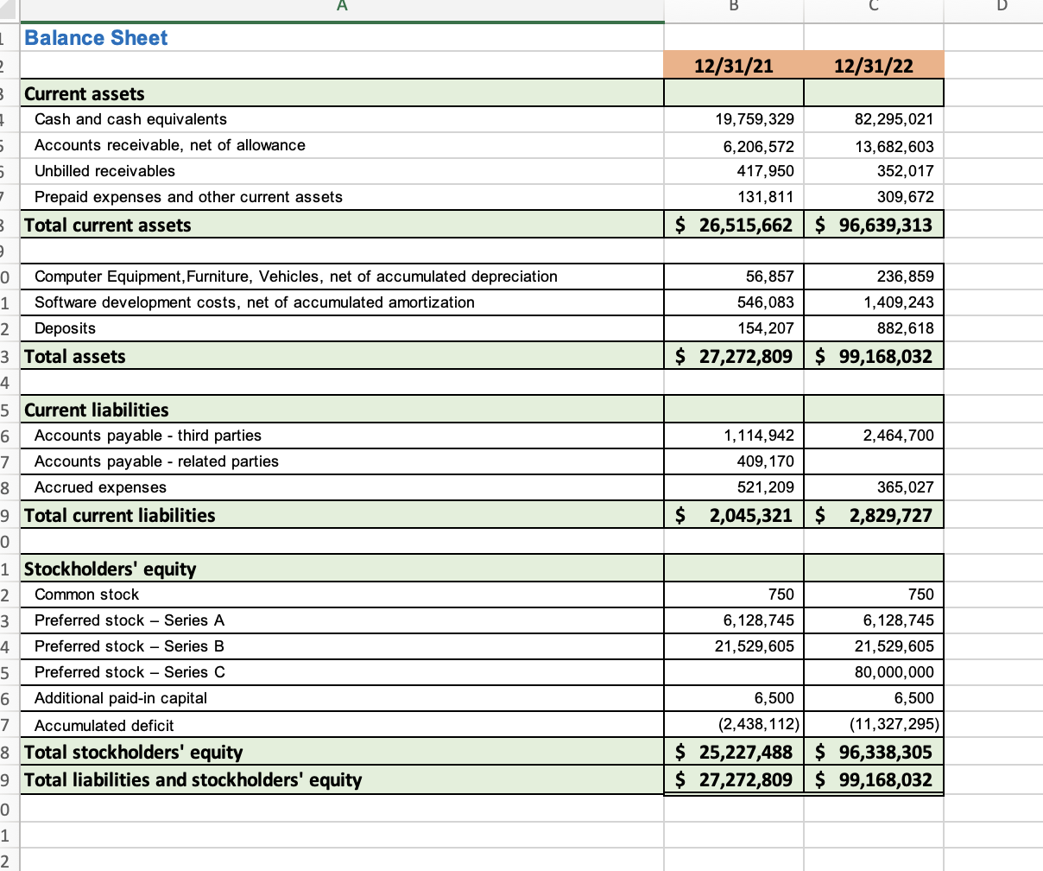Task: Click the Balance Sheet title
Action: (x=96, y=38)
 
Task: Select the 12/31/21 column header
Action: (x=734, y=66)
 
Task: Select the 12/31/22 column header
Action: (x=874, y=66)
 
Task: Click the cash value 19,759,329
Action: (x=758, y=119)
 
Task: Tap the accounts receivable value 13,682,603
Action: (x=894, y=147)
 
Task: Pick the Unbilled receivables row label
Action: (x=104, y=171)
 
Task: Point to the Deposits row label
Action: (x=65, y=328)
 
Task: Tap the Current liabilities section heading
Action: (x=97, y=410)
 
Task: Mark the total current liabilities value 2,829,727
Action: (x=890, y=516)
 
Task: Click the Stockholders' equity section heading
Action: (x=111, y=569)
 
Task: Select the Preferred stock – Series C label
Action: (x=130, y=672)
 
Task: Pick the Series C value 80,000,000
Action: (x=894, y=672)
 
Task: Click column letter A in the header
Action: (x=342, y=8)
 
